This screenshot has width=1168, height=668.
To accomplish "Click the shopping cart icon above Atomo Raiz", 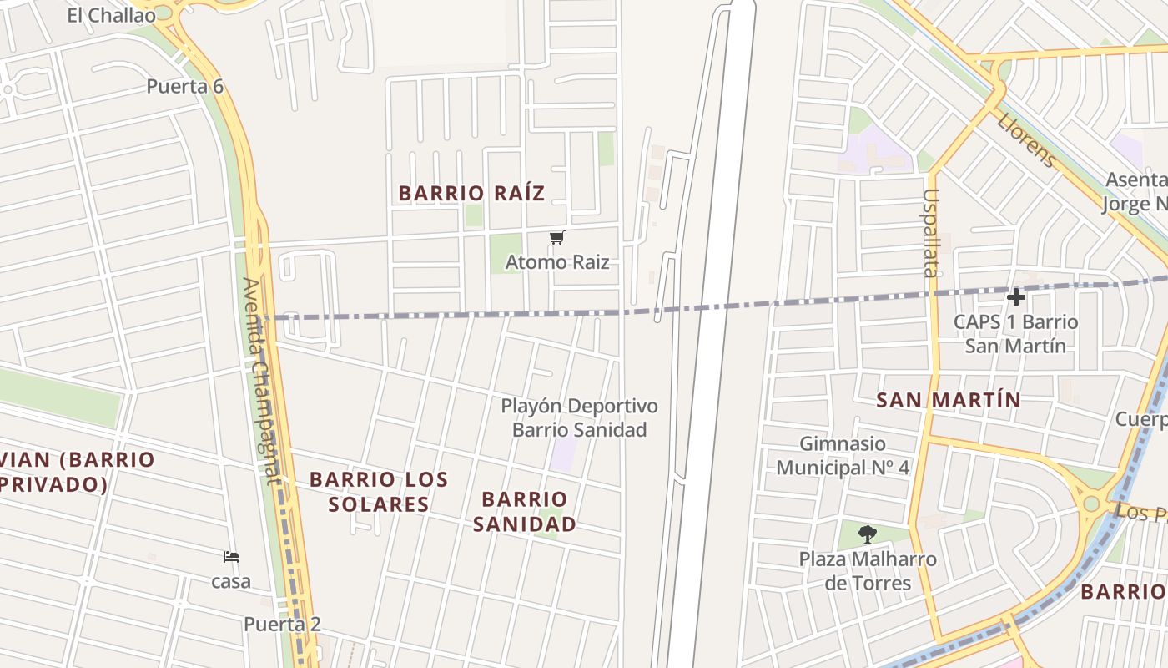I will pos(557,238).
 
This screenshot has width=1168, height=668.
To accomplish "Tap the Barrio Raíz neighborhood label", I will pos(471,193).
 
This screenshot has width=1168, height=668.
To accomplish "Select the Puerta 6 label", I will pos(184,86).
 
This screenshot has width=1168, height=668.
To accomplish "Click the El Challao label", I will pos(111,15).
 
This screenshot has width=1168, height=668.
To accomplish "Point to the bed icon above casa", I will pos(231,557).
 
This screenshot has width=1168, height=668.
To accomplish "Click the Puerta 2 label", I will pos(282,624).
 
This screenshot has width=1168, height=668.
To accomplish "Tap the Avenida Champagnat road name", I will pos(261,380).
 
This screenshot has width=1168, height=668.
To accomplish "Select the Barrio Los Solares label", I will pos(379,492).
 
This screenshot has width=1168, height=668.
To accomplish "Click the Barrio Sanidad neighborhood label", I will pos(524,511).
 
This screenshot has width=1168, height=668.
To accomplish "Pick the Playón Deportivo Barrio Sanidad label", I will pos(579,417).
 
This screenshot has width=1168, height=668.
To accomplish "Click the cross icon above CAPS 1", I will pos(1015,297).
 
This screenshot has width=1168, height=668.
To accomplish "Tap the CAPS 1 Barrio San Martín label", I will pos(1015,333).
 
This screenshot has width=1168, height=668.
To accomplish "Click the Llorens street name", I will pos(1026,139).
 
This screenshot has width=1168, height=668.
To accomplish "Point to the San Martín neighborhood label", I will pos(949,400).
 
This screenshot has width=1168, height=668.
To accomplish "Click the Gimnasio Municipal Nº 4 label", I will pos(843,455).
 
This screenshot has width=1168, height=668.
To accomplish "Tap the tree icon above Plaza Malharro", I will pos(868,534).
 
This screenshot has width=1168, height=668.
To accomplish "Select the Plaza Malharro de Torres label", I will pos(868,570).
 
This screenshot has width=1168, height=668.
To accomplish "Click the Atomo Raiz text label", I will pos(557,262).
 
